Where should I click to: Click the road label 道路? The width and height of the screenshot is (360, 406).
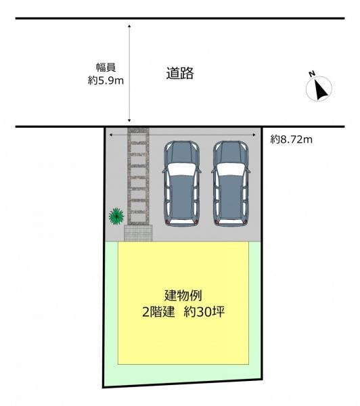[x=180, y=73]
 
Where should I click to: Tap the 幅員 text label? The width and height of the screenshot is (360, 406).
[x=106, y=67]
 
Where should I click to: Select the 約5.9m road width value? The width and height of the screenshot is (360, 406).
[x=106, y=81]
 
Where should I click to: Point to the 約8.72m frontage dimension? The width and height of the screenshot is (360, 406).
[x=292, y=139]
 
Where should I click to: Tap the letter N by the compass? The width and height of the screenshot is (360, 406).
[x=312, y=74]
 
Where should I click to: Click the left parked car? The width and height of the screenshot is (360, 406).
[x=181, y=184]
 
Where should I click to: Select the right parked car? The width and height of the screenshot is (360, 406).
[x=231, y=184]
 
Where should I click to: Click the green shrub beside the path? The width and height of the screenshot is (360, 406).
[x=116, y=216]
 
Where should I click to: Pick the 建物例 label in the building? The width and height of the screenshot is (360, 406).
[x=183, y=296]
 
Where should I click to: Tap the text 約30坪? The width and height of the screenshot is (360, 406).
[x=204, y=312]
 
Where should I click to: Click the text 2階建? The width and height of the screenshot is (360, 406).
[x=158, y=312]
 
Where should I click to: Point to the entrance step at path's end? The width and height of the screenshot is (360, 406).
[x=138, y=233]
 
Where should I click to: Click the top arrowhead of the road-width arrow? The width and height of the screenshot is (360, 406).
[x=129, y=26]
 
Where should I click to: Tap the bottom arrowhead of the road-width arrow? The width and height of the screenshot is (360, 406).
[x=129, y=120]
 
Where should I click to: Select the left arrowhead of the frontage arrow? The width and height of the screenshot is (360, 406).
[x=111, y=135]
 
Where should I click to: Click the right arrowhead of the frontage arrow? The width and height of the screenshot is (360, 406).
[x=254, y=135]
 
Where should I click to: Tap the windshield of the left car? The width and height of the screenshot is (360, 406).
[x=181, y=170]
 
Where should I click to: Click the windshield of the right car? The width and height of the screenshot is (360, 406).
[x=231, y=170]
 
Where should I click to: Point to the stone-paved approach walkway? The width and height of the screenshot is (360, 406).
[x=138, y=176]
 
